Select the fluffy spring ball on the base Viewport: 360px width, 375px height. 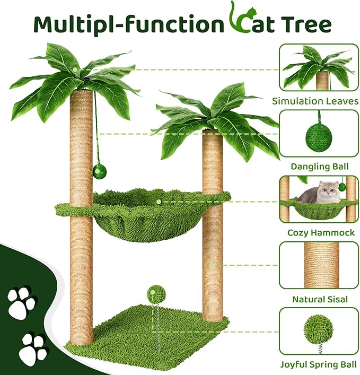coord(154,293)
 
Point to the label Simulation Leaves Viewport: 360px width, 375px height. coord(320,100)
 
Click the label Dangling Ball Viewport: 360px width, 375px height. coord(320,167)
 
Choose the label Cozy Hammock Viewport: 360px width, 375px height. coord(320,233)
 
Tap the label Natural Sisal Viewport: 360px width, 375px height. coord(320,299)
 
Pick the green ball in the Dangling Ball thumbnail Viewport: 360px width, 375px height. coord(319,136)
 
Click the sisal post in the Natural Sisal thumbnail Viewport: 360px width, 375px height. coord(321,265)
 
